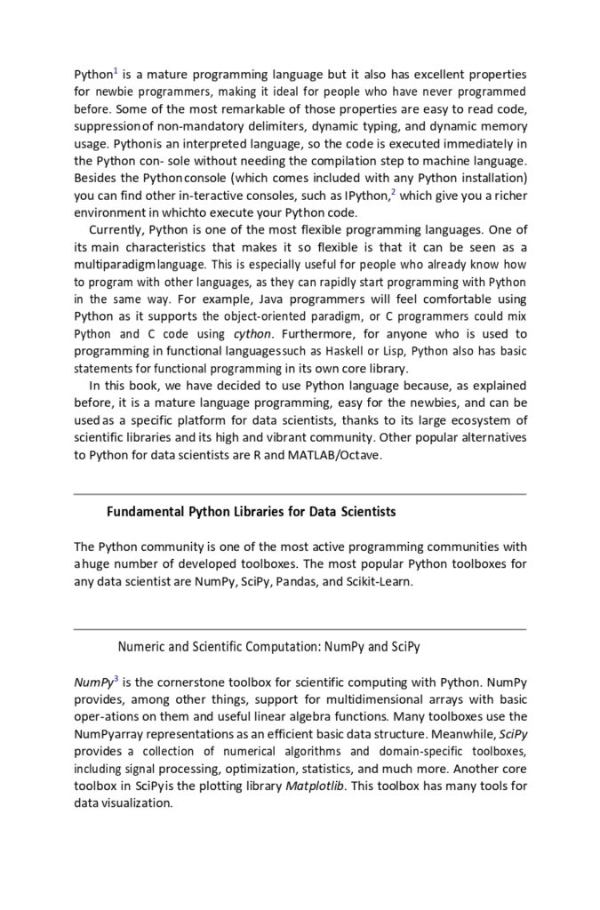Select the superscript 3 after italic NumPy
point(116,679)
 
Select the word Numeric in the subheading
point(140,647)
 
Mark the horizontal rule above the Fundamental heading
point(300,494)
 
